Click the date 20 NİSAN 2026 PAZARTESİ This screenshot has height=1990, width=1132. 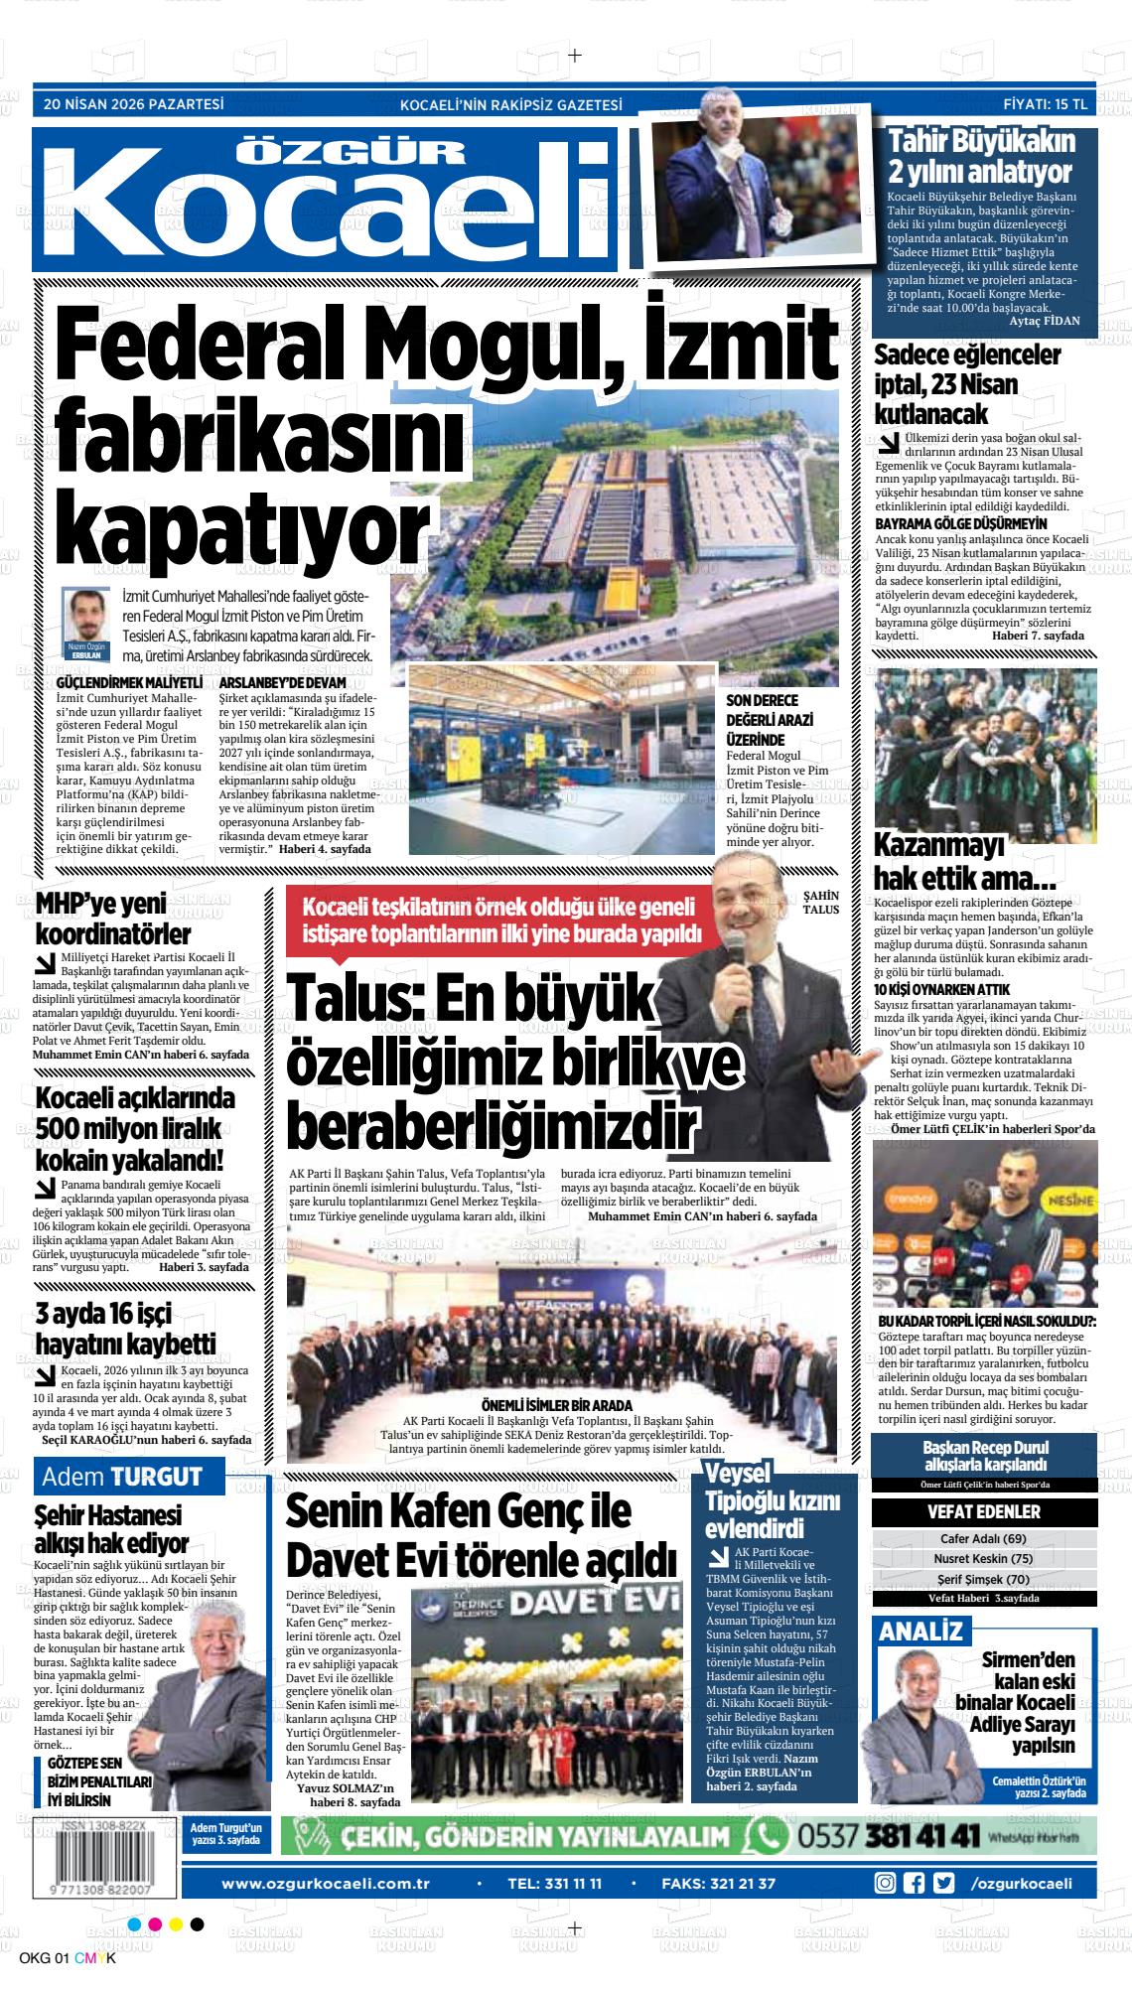134,103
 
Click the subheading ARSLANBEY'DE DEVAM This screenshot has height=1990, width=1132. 282,684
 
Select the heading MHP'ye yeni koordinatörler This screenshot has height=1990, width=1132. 113,920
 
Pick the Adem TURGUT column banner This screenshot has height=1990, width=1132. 122,1477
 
